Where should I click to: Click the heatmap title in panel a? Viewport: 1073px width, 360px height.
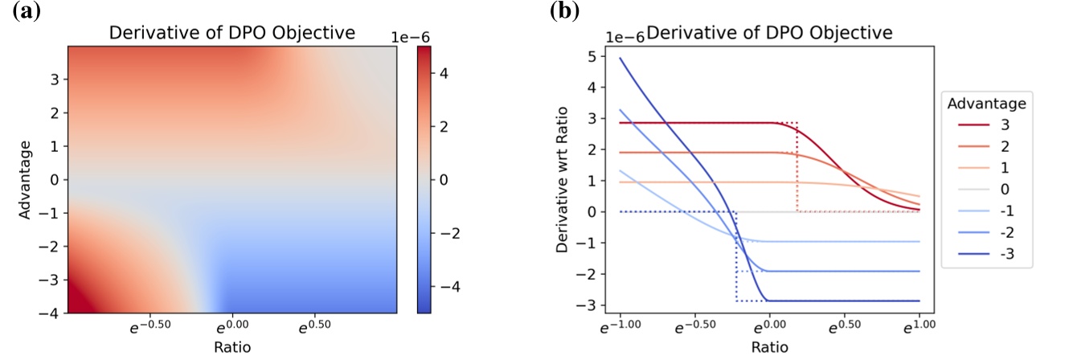click(x=234, y=33)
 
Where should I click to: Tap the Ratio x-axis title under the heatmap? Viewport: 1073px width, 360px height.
click(x=234, y=348)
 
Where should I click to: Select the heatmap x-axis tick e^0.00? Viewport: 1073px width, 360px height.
click(x=232, y=329)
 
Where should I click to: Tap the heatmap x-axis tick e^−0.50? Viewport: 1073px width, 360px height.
click(x=149, y=329)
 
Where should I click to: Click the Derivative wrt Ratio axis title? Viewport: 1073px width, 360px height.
click(x=564, y=178)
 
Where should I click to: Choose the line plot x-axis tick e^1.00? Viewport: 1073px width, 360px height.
click(x=917, y=329)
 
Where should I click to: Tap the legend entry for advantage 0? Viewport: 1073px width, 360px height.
click(x=989, y=192)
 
